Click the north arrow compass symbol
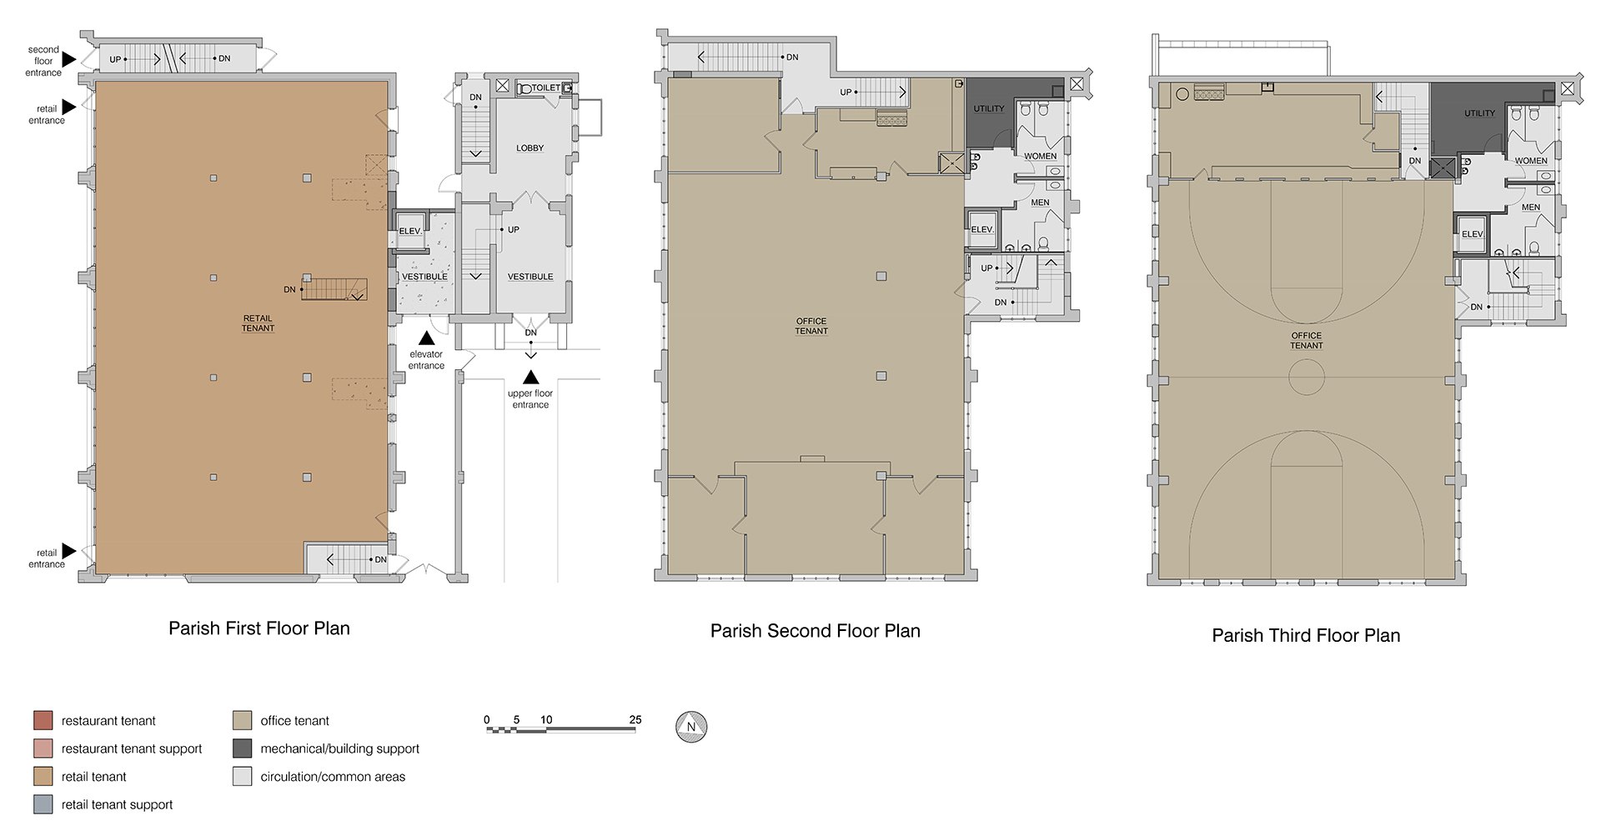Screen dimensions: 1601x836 (x=690, y=727)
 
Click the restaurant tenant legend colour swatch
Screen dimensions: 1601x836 (x=43, y=720)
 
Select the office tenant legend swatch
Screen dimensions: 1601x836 (x=243, y=720)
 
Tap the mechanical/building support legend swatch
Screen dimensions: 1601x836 (x=243, y=748)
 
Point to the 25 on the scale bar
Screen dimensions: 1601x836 (x=635, y=719)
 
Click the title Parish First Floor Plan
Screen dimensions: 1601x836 (x=259, y=628)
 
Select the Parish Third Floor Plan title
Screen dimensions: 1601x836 (x=1306, y=635)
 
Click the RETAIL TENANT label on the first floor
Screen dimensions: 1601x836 (x=258, y=323)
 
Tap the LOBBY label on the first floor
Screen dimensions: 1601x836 (x=529, y=148)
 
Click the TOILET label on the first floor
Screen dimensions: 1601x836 (x=546, y=88)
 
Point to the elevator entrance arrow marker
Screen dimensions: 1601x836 (x=426, y=338)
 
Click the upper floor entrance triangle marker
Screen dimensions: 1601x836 (x=530, y=378)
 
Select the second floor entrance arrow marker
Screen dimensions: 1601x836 (x=69, y=60)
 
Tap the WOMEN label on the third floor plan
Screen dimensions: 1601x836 (x=1531, y=161)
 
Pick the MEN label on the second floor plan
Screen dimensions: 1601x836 (x=1040, y=203)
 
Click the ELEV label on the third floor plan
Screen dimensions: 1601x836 (x=1473, y=234)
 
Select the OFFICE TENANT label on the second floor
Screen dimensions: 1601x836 (x=811, y=326)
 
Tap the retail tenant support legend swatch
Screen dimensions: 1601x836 (x=43, y=804)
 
